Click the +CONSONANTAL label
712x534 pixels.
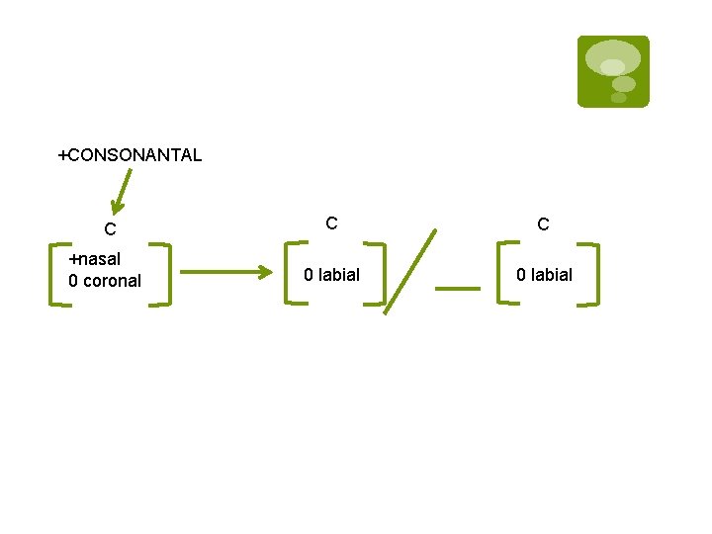130,155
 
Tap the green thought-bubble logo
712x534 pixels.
613,71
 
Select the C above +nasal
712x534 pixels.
111,229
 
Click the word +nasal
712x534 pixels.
95,259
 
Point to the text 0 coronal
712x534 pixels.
105,281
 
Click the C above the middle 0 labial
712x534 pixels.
332,223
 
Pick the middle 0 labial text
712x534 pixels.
332,275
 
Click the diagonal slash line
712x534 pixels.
409,271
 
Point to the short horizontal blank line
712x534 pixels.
457,289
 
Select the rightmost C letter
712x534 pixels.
543,224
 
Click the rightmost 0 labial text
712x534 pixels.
545,275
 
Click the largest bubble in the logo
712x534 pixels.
613,57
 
